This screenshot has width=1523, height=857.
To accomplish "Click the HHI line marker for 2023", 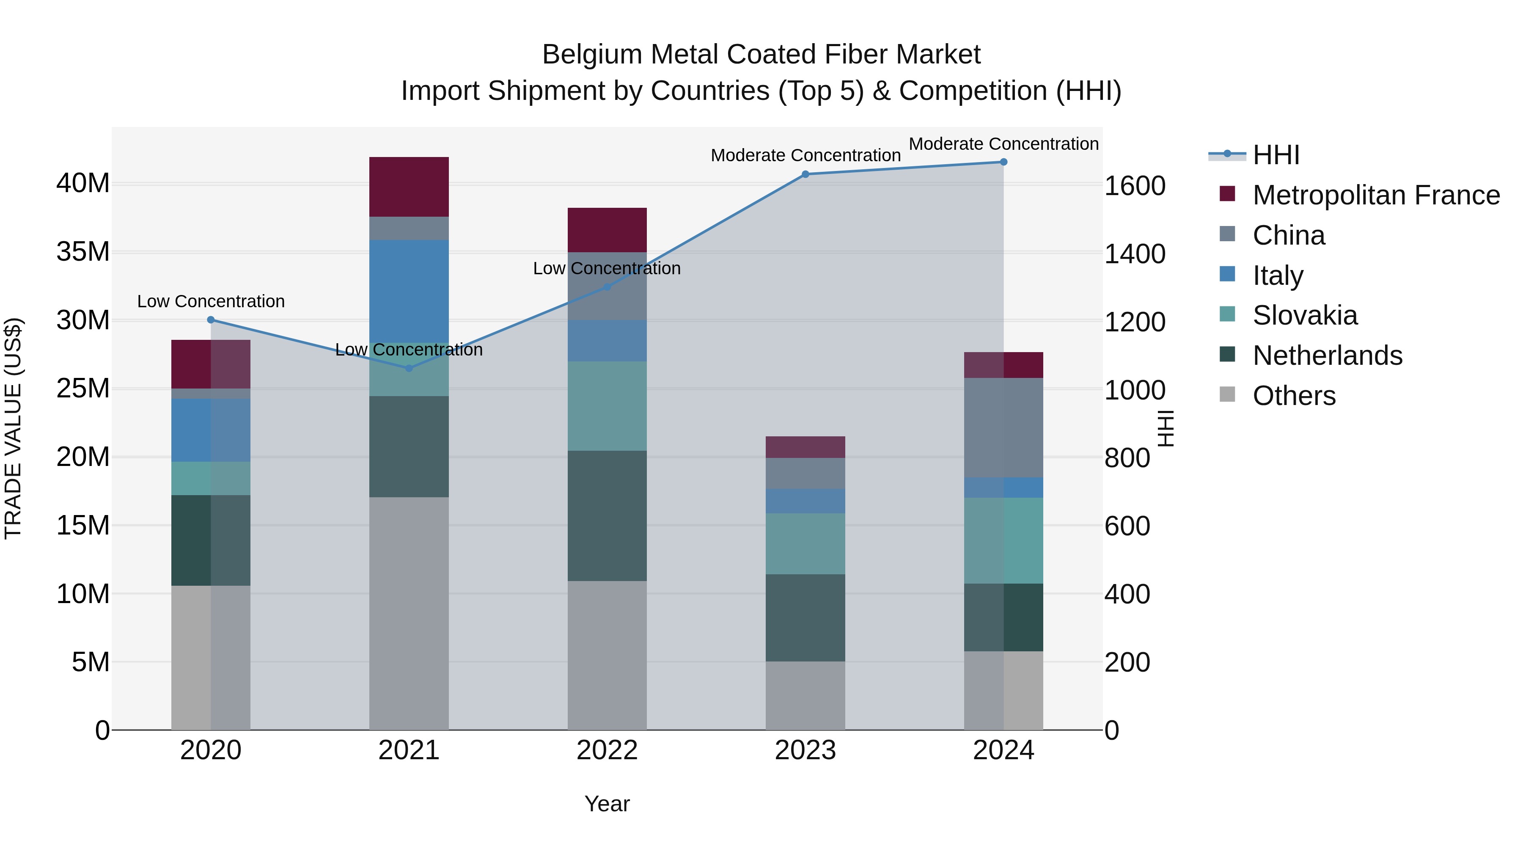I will tap(805, 174).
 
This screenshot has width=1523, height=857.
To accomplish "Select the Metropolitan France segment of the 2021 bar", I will tap(409, 187).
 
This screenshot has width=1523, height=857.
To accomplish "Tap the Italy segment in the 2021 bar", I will tap(409, 290).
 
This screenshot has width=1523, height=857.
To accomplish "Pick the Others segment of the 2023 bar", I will tap(805, 695).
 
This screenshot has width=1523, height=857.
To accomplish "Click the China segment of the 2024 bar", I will tap(1003, 427).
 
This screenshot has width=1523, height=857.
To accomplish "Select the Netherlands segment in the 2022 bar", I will tap(607, 516).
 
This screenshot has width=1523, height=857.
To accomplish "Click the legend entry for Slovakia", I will tap(1305, 315).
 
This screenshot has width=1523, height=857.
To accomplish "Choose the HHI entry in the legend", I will tap(1276, 155).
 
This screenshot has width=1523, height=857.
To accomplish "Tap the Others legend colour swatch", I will tap(1227, 394).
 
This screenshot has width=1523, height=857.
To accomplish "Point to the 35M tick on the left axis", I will tap(83, 252).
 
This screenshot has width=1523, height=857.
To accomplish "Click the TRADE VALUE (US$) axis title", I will tap(13, 428).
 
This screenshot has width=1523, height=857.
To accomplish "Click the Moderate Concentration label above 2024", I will tap(1003, 144).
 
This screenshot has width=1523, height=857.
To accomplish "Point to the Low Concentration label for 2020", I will tap(211, 302).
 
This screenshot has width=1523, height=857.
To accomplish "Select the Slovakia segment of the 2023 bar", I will tap(805, 543).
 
